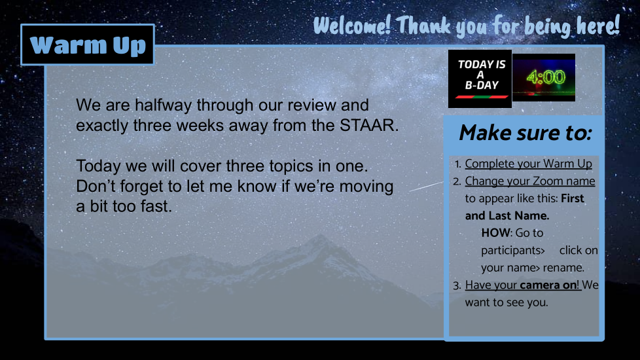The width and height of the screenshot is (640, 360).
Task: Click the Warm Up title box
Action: [x=87, y=45]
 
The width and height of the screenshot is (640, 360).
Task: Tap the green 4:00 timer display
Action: [x=544, y=77]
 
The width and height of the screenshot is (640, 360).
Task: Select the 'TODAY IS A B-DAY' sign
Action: [x=480, y=79]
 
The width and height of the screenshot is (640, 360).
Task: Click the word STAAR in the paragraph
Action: [x=369, y=125]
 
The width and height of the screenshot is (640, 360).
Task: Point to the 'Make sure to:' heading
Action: [x=525, y=133]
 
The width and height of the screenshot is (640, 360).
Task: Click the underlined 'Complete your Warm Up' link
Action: [x=529, y=164]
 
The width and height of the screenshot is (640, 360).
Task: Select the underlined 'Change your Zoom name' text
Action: [x=530, y=181]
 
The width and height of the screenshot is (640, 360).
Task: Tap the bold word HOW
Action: [x=496, y=232]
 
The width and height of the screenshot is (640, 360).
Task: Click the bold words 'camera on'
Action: [x=548, y=285]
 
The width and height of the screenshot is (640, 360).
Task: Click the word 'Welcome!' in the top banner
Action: [x=353, y=26]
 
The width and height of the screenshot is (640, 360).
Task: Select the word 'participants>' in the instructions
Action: [x=513, y=251]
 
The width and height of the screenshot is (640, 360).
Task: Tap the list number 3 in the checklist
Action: [x=457, y=285]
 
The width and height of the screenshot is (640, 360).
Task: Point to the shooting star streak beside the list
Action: [x=426, y=187]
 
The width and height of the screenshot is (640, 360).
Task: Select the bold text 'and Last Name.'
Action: [x=507, y=215]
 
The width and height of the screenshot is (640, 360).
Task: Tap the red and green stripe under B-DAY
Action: [x=482, y=97]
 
